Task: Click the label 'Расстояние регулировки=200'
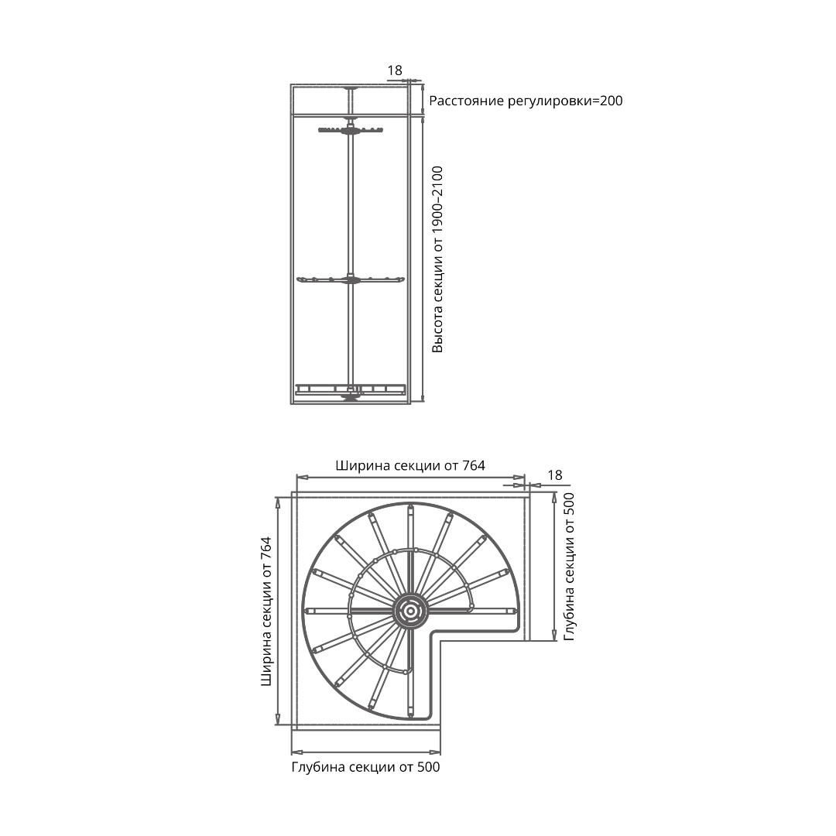pos(526,101)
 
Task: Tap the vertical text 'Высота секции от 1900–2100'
pos(437,259)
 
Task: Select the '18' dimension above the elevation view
pos(395,70)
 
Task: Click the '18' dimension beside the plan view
pos(554,475)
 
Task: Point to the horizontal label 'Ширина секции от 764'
pos(410,465)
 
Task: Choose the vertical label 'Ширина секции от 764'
pos(266,611)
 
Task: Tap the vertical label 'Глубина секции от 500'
pos(570,566)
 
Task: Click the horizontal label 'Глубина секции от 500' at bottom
pos(365,767)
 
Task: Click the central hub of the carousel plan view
pos(410,611)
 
